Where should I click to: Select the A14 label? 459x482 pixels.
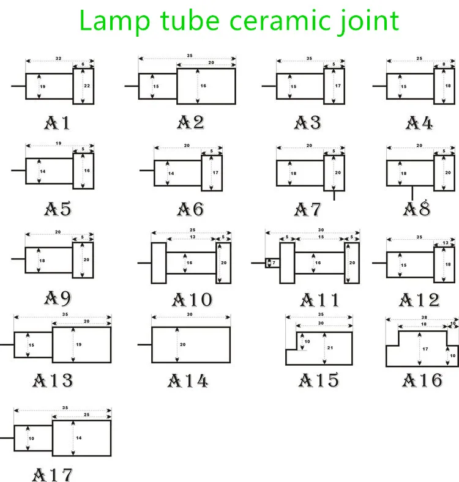click(x=188, y=380)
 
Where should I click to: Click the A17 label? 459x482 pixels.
click(x=53, y=474)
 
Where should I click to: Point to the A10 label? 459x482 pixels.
click(x=192, y=300)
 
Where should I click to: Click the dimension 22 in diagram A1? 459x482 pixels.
click(x=87, y=86)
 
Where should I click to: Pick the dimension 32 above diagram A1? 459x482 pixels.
click(x=58, y=59)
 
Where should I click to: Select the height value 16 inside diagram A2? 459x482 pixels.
click(x=203, y=86)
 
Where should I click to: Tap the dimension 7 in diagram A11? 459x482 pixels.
click(x=274, y=263)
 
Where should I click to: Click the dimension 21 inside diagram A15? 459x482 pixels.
click(x=330, y=347)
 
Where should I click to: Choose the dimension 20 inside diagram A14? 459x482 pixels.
click(x=182, y=345)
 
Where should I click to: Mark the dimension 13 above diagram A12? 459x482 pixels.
click(x=445, y=243)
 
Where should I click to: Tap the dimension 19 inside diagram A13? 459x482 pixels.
click(x=78, y=345)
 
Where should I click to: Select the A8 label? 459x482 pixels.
click(x=417, y=209)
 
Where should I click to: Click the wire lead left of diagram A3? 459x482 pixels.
click(x=269, y=86)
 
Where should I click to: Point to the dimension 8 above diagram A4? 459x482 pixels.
click(x=444, y=64)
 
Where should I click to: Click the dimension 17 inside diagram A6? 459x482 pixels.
click(x=215, y=173)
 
